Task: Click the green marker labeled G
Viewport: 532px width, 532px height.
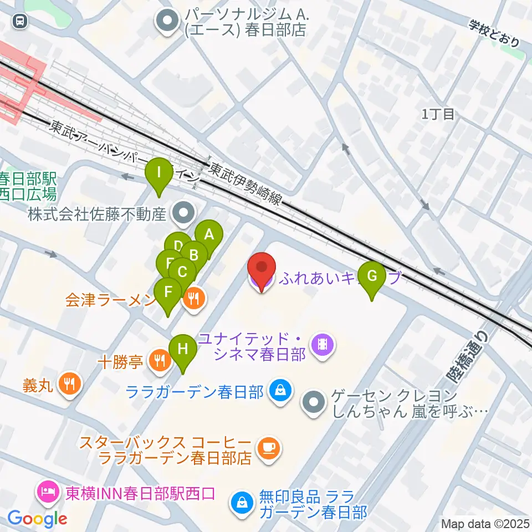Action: click(372, 276)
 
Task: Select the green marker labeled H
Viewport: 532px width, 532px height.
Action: click(183, 349)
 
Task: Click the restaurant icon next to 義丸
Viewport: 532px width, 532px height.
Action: click(69, 383)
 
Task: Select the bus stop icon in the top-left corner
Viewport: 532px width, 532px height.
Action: click(20, 21)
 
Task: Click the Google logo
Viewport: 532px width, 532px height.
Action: click(37, 519)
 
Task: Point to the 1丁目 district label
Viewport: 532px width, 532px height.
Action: click(438, 114)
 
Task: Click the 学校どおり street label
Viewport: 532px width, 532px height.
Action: click(495, 33)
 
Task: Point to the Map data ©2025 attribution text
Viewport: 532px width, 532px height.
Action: click(485, 523)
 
